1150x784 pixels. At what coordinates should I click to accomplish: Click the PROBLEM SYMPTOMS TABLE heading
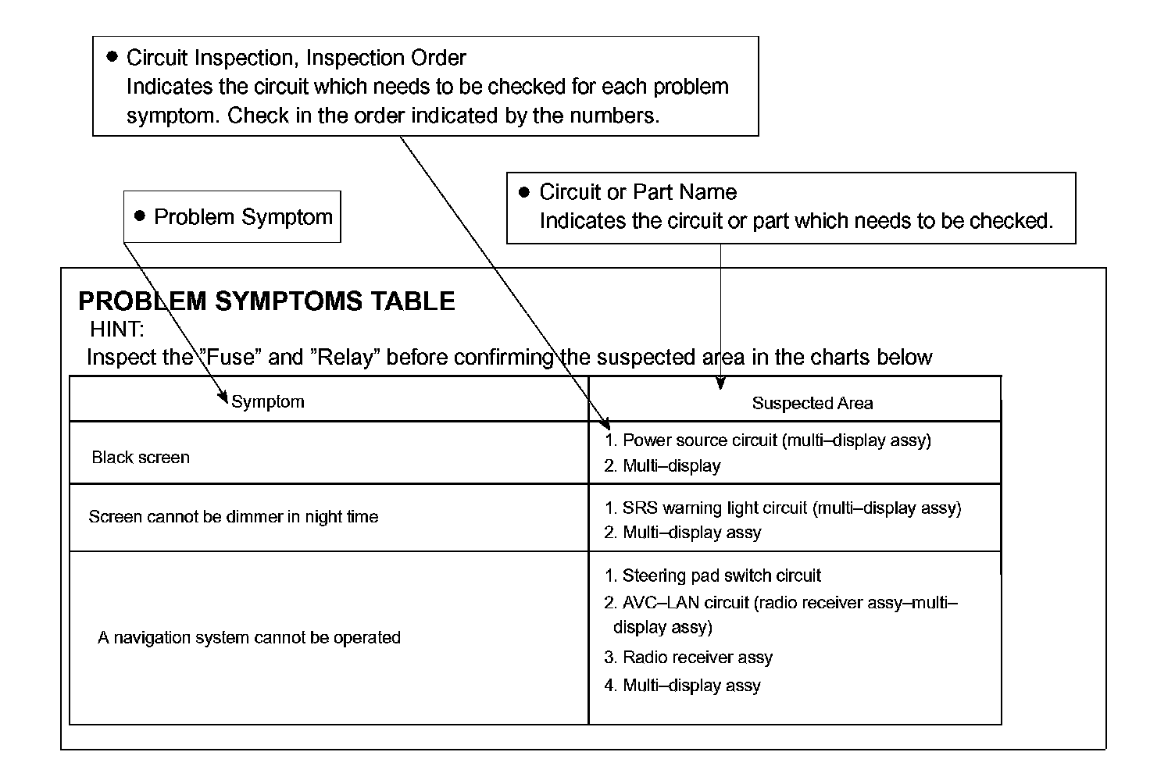(266, 301)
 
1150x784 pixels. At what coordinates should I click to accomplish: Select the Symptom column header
(268, 402)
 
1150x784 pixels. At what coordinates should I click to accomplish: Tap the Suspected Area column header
(812, 403)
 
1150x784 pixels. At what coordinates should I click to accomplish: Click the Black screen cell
(141, 458)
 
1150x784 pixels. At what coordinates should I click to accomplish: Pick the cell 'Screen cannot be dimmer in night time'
(234, 517)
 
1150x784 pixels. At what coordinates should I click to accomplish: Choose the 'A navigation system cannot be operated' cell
(249, 638)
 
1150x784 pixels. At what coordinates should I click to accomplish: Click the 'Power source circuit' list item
(768, 440)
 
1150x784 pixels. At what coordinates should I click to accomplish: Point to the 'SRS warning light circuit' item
(783, 508)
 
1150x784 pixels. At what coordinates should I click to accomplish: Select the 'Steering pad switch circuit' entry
(712, 576)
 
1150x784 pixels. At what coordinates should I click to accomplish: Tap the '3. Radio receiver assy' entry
(688, 657)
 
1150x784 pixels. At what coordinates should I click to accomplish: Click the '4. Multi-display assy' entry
(682, 686)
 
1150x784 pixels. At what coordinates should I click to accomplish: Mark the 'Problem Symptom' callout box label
(243, 217)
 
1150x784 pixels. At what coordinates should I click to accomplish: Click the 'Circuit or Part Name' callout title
(637, 192)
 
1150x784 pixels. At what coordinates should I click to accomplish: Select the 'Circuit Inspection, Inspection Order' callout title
(296, 58)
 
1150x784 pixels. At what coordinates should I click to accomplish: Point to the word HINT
(117, 329)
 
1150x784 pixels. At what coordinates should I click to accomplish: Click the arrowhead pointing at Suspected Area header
(720, 383)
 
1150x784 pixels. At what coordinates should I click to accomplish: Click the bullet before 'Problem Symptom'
(141, 216)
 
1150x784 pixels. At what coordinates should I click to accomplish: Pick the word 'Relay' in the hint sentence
(345, 358)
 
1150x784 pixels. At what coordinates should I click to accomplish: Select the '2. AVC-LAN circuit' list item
(781, 615)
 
